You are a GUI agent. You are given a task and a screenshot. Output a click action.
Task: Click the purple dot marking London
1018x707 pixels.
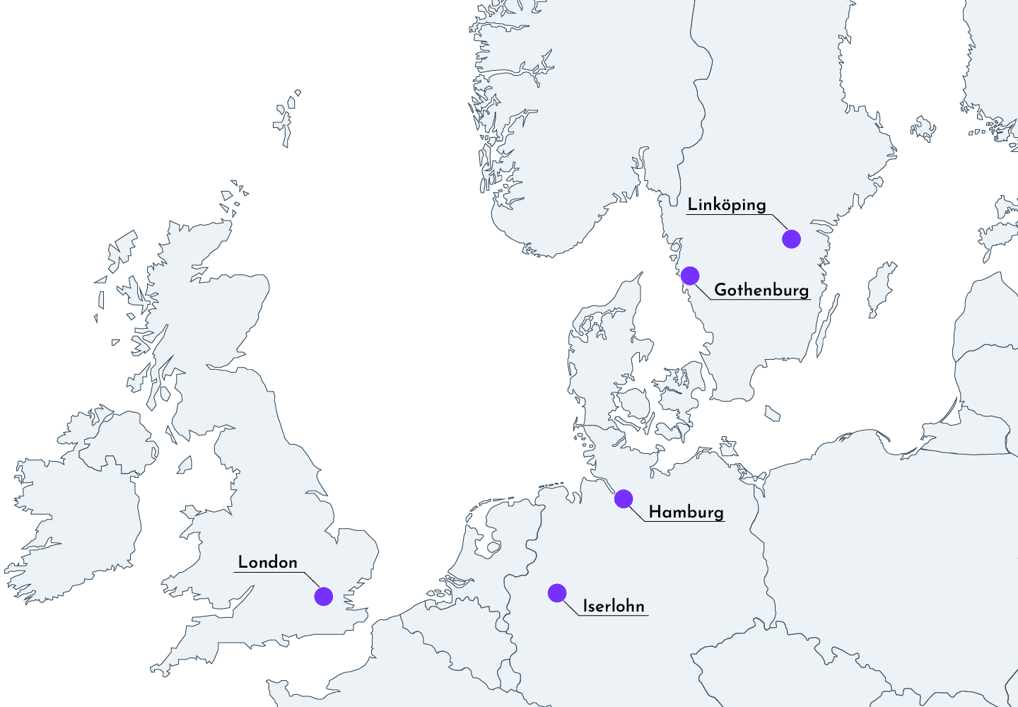tap(323, 596)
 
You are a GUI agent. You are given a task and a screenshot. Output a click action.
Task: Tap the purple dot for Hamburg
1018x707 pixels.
tap(623, 498)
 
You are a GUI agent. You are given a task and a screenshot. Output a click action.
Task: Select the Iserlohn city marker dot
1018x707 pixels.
tap(557, 592)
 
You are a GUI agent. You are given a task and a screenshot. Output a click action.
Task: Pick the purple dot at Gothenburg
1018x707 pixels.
tap(690, 276)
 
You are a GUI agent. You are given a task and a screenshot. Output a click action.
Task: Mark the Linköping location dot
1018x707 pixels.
tap(791, 239)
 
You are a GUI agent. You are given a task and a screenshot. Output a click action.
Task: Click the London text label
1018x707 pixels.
tap(267, 563)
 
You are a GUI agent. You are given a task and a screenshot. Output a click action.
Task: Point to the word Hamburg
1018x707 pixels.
tap(686, 512)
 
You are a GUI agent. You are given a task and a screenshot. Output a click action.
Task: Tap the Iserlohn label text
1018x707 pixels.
tap(613, 606)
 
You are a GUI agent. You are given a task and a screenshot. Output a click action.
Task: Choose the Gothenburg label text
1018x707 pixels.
tap(761, 290)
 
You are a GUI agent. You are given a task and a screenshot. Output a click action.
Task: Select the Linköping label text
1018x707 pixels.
tap(726, 205)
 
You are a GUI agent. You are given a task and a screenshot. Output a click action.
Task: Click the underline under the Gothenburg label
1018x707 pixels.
tap(761, 300)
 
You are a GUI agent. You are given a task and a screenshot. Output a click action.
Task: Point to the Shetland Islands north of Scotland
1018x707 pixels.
tap(286, 120)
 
